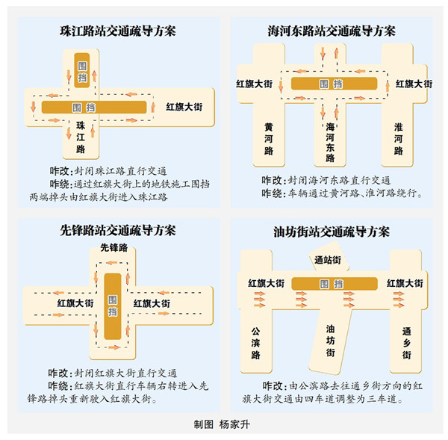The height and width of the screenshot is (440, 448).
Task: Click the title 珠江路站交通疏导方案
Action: [118, 31]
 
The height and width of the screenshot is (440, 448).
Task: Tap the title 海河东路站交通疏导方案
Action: [332, 31]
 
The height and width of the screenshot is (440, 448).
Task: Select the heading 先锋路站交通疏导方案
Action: [118, 230]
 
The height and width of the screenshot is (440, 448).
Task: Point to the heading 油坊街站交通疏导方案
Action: [332, 232]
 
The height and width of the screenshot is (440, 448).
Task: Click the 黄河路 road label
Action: [269, 139]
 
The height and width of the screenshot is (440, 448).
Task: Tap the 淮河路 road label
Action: [398, 139]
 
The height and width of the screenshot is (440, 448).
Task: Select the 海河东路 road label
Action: [330, 142]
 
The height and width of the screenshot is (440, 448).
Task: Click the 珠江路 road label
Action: [81, 137]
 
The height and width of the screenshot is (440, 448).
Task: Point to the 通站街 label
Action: [328, 260]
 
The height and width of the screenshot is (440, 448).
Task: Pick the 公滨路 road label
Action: [255, 343]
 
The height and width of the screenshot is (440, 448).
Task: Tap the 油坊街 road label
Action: [330, 341]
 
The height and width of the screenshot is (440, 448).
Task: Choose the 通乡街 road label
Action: [407, 343]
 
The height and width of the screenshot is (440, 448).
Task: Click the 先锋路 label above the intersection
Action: [114, 247]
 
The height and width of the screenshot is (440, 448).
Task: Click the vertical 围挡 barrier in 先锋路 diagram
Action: [113, 306]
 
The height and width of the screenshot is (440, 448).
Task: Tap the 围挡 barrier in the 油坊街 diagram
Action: [335, 284]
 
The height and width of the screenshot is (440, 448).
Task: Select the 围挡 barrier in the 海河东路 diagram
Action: [334, 84]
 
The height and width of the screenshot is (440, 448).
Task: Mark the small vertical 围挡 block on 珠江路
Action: [82, 70]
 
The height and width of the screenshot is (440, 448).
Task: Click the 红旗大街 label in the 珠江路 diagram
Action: [184, 107]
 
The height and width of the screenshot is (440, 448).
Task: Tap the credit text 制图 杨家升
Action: [222, 424]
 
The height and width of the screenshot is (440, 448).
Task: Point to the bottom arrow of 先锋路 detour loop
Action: [113, 347]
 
